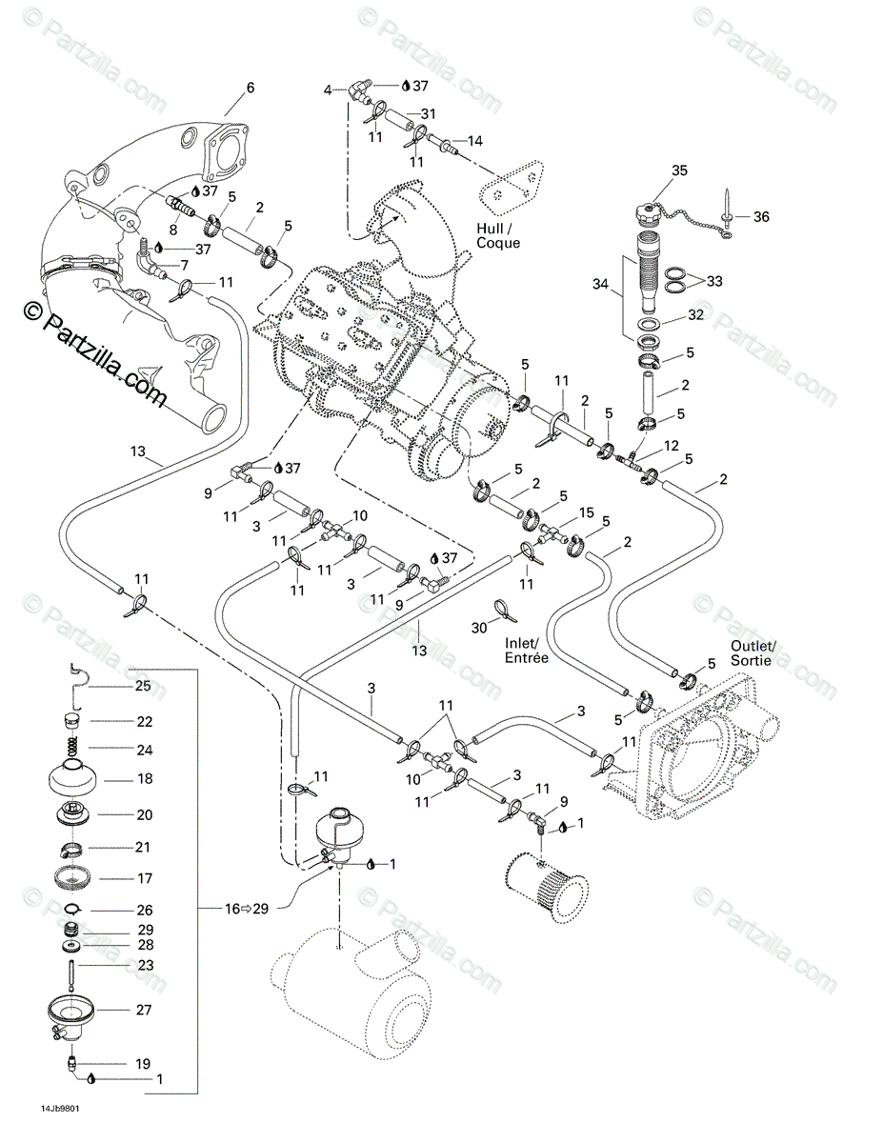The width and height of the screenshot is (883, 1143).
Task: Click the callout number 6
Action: coord(251,88)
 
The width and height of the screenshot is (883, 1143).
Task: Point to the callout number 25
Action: coord(143,686)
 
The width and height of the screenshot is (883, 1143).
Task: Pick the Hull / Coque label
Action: coord(498,235)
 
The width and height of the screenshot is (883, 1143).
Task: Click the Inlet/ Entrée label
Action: coord(527,651)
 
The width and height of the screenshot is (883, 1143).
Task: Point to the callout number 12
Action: coord(672,446)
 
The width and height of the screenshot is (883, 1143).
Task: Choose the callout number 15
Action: coord(586,513)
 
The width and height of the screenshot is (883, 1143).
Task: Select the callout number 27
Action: coord(144,1009)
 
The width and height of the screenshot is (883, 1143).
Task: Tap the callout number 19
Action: coord(144,1062)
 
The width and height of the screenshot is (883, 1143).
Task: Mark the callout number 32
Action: coord(697,314)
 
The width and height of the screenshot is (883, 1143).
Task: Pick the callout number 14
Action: coord(474,141)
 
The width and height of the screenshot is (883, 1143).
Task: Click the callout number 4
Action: coord(328,90)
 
